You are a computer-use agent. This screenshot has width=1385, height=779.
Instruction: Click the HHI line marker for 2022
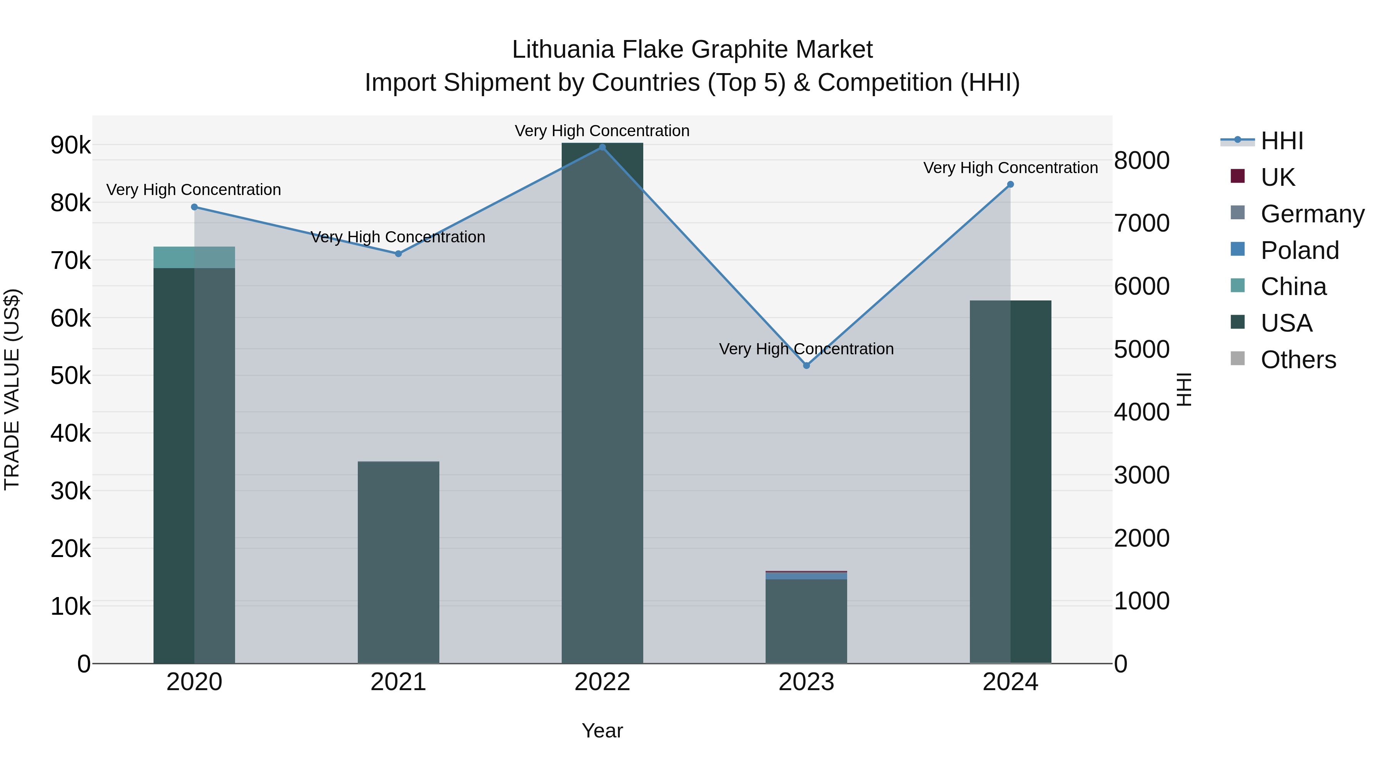602,147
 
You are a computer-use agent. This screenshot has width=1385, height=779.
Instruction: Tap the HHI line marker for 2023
806,365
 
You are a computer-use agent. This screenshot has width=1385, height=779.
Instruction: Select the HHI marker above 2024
1010,184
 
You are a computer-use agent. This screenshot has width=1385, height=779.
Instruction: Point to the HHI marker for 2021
399,254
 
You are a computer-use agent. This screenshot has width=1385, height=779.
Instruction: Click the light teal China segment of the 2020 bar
194,257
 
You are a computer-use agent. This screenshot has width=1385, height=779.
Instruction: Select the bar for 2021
399,562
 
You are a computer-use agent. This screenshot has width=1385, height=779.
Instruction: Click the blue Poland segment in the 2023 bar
806,576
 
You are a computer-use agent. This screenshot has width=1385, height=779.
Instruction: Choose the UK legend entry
1277,177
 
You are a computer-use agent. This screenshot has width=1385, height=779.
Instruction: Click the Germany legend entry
1312,214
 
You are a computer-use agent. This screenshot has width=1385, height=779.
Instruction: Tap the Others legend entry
1298,360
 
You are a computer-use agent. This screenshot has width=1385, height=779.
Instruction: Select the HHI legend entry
1281,141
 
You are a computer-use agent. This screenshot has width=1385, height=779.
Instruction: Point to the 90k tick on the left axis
70,145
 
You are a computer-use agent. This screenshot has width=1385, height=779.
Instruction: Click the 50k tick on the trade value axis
70,376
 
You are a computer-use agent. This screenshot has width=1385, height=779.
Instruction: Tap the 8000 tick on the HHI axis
1141,160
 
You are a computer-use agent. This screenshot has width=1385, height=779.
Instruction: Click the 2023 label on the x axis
806,682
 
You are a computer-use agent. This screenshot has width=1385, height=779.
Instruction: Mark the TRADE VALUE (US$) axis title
12,389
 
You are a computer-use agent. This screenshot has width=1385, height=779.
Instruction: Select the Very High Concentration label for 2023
806,349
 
